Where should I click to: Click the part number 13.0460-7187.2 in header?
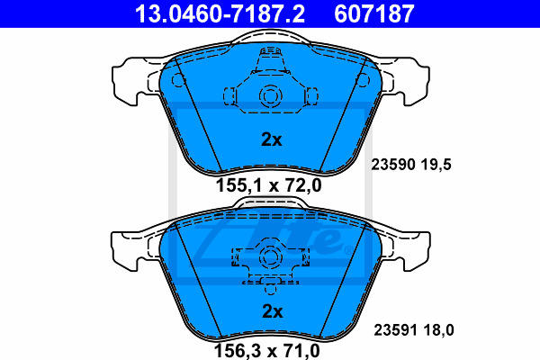coord(220,13)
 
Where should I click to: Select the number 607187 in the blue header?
coord(374,13)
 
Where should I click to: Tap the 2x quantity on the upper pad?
coord(272,139)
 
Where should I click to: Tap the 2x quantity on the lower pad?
coord(273,311)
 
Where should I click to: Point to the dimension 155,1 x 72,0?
coord(268,185)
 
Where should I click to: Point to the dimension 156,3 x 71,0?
coord(267,351)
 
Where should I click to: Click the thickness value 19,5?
coord(436,165)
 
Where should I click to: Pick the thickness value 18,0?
coord(439,330)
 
